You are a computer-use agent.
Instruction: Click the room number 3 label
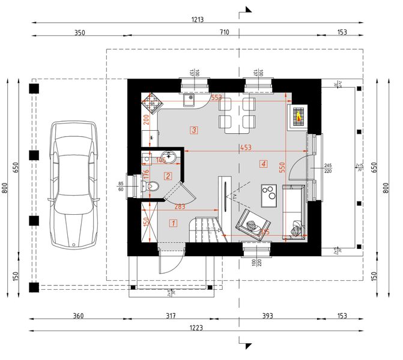pyautogui.click(x=193, y=130)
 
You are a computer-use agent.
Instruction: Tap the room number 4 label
pyautogui.click(x=263, y=163)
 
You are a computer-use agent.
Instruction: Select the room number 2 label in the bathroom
pyautogui.click(x=168, y=176)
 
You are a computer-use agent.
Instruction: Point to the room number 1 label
pyautogui.click(x=174, y=224)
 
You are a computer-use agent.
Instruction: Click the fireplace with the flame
pyautogui.click(x=298, y=116)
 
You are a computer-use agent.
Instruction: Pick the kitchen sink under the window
pyautogui.click(x=189, y=99)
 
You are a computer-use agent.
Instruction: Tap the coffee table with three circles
pyautogui.click(x=268, y=194)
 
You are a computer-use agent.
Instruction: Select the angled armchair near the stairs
pyautogui.click(x=250, y=224)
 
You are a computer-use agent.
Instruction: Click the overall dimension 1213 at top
pyautogui.click(x=198, y=19)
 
